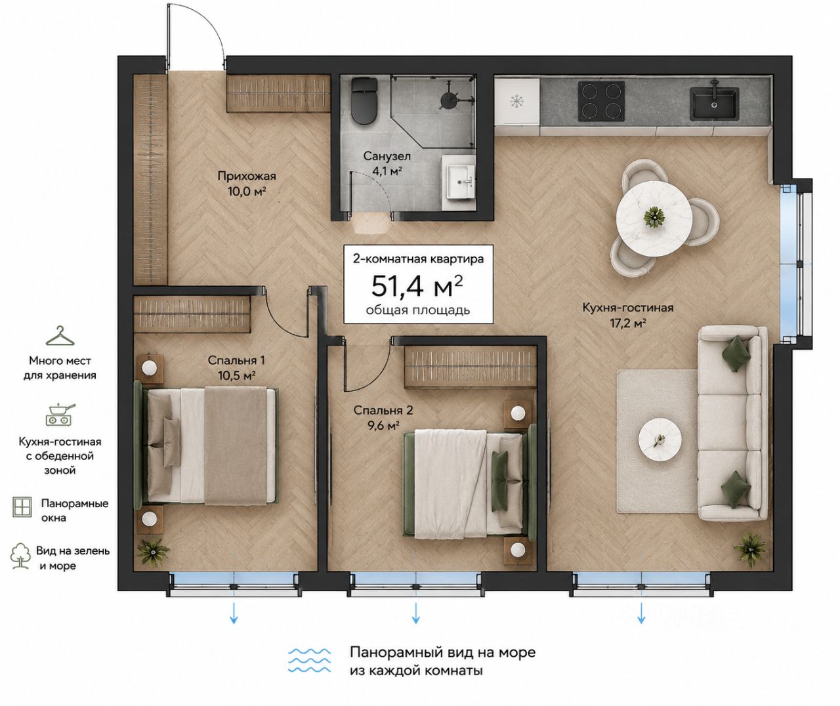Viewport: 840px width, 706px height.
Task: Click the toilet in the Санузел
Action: pos(364,100)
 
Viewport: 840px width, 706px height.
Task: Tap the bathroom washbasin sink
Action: pos(461,183)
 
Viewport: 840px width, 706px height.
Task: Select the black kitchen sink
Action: pos(715,103)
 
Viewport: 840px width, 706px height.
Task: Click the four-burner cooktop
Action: pos(601,102)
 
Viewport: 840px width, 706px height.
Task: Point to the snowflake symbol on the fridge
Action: pos(515,102)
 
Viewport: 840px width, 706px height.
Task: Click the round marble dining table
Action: pos(654,219)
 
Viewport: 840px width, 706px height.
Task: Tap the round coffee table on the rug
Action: pos(660,441)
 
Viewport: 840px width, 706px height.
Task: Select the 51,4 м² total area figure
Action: pos(417,285)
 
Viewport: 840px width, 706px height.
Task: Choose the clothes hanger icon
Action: pos(60,337)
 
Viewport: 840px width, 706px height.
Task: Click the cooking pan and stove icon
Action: pos(60,414)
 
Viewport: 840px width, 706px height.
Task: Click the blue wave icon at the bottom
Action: pos(309,661)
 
